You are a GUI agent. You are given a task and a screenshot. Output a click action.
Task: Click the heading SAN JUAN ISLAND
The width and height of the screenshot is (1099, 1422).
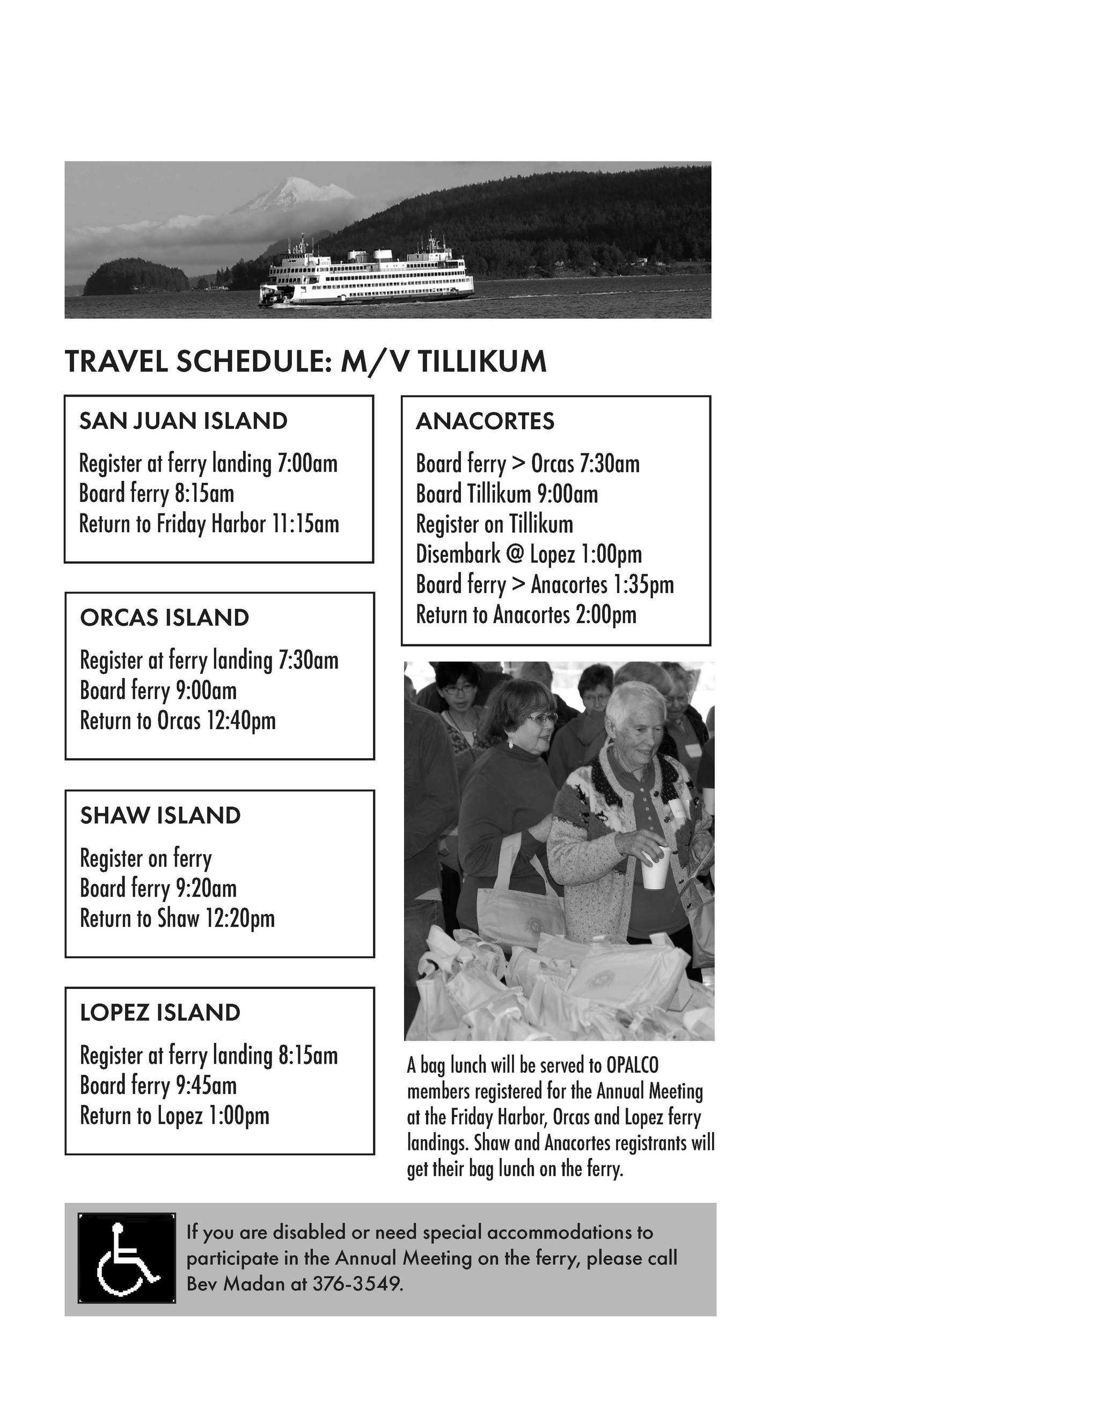[x=183, y=421]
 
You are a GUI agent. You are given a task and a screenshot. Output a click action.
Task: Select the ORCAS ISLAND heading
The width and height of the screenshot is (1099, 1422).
[x=164, y=618]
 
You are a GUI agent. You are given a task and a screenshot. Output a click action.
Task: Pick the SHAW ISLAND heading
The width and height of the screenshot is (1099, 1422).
[x=160, y=815]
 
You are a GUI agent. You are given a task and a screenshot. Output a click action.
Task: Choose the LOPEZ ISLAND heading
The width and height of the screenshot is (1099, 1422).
[x=160, y=1013]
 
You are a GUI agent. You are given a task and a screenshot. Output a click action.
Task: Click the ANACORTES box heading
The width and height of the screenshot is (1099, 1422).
[x=485, y=421]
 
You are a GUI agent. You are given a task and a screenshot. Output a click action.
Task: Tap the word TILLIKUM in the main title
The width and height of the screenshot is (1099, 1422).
[x=482, y=362]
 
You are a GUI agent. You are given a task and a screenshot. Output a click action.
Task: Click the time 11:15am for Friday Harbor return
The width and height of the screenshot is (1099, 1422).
[x=305, y=524]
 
